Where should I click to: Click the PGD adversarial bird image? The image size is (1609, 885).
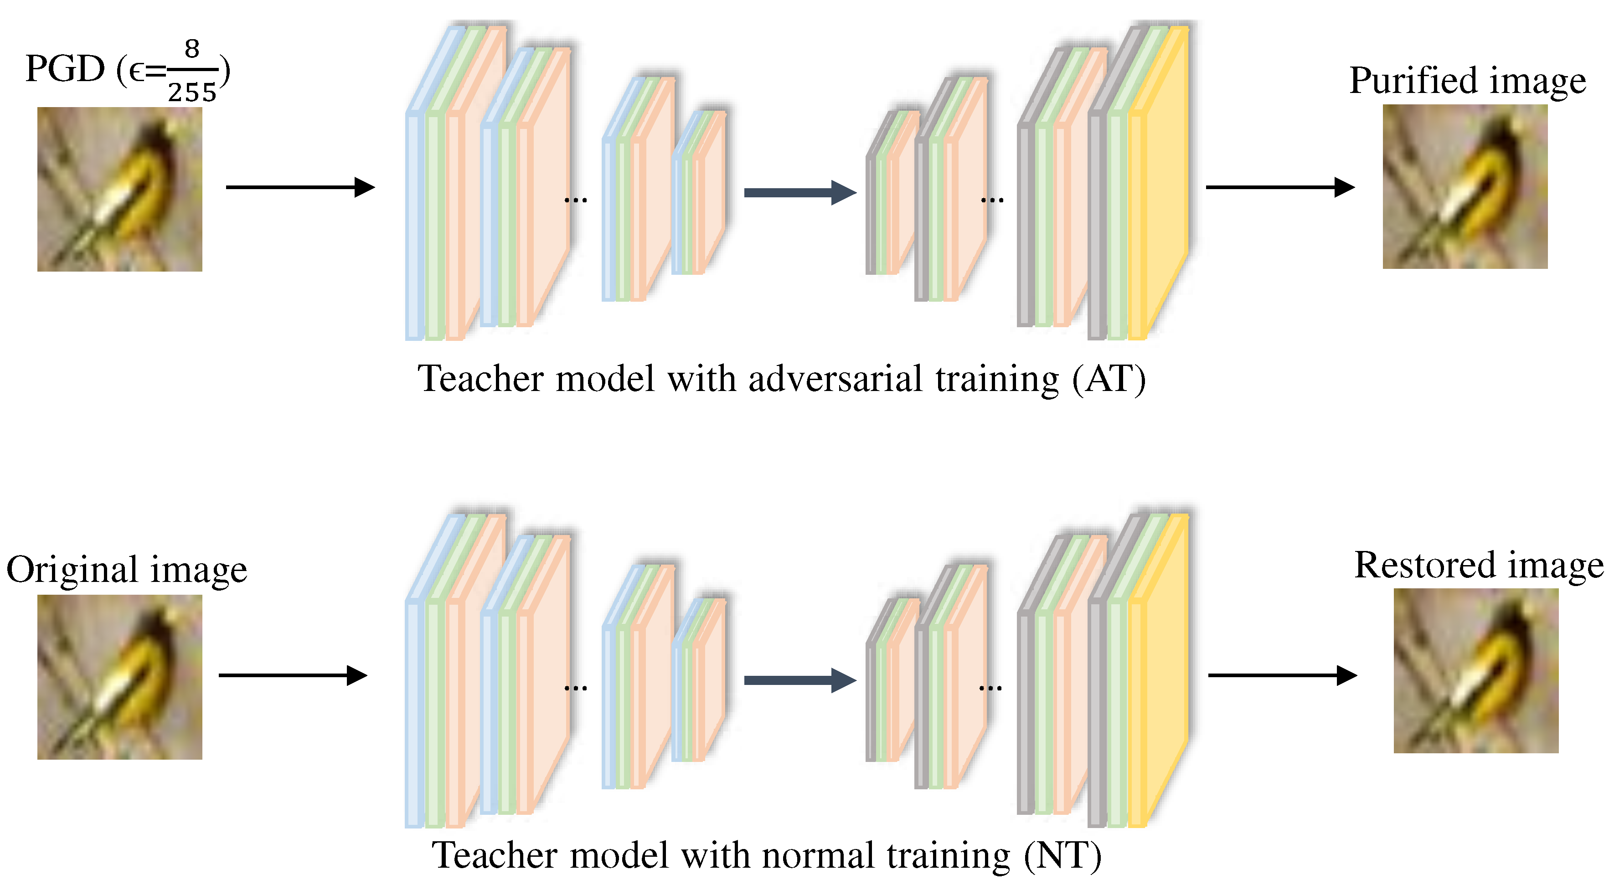tap(119, 189)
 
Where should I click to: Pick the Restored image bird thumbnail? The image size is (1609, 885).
tap(1476, 670)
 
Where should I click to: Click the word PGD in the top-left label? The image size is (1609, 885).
tap(64, 69)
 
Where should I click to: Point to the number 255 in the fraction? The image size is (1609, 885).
tap(192, 93)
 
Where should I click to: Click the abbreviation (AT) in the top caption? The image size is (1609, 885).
tap(1109, 379)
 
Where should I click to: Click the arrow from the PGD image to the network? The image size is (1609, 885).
tap(300, 187)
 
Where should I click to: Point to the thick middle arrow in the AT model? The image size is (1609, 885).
tap(799, 192)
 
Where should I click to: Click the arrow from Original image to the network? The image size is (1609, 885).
tap(292, 675)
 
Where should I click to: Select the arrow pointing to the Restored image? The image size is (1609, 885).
tap(1282, 675)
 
